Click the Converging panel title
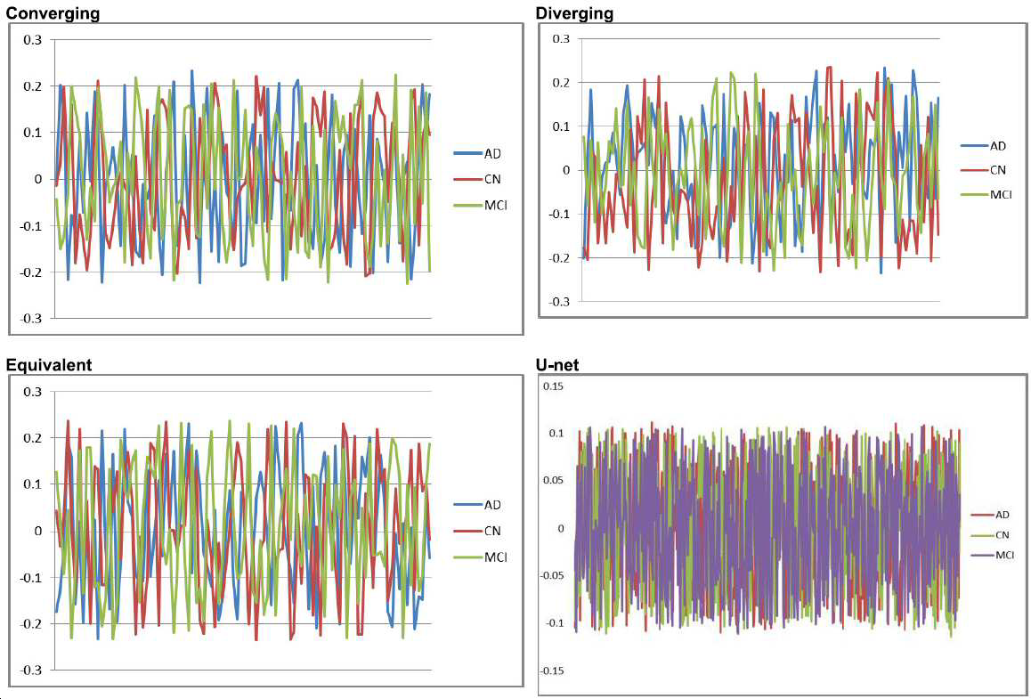53,13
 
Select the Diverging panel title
574,12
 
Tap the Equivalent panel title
49,365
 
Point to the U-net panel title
557,364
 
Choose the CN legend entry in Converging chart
478,179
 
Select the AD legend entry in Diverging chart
984,145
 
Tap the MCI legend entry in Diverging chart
987,194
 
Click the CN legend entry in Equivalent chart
478,531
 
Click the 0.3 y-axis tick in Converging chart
33,40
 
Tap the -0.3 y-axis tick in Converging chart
30,318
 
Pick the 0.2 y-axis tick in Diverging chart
560,83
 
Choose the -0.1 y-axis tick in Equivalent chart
30,577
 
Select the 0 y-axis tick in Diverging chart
566,170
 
